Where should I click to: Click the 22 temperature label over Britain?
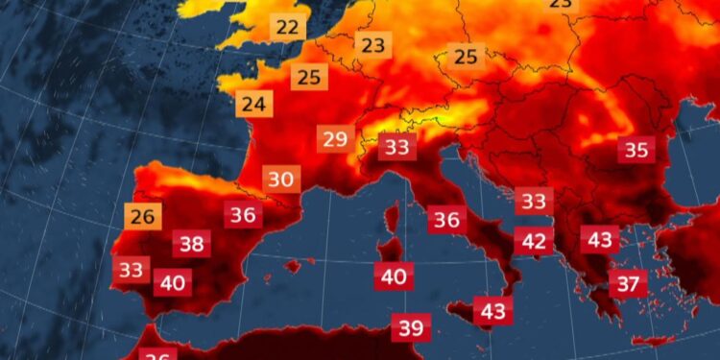[287, 27]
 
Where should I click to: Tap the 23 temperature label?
[372, 44]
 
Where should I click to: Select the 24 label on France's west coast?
[253, 104]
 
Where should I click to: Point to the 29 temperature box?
[335, 139]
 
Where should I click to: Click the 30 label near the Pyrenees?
[281, 180]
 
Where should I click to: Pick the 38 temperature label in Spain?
[192, 244]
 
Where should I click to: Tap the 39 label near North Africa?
[411, 328]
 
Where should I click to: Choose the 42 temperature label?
[534, 241]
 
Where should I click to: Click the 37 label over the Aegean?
[628, 284]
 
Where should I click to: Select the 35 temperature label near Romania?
[636, 150]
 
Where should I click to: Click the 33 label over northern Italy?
[396, 147]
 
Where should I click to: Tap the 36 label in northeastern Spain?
[243, 215]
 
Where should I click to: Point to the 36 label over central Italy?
[446, 220]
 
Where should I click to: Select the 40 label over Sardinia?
[394, 277]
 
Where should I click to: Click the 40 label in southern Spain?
[173, 283]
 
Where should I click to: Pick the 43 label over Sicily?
[493, 311]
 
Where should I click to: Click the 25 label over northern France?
[309, 78]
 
